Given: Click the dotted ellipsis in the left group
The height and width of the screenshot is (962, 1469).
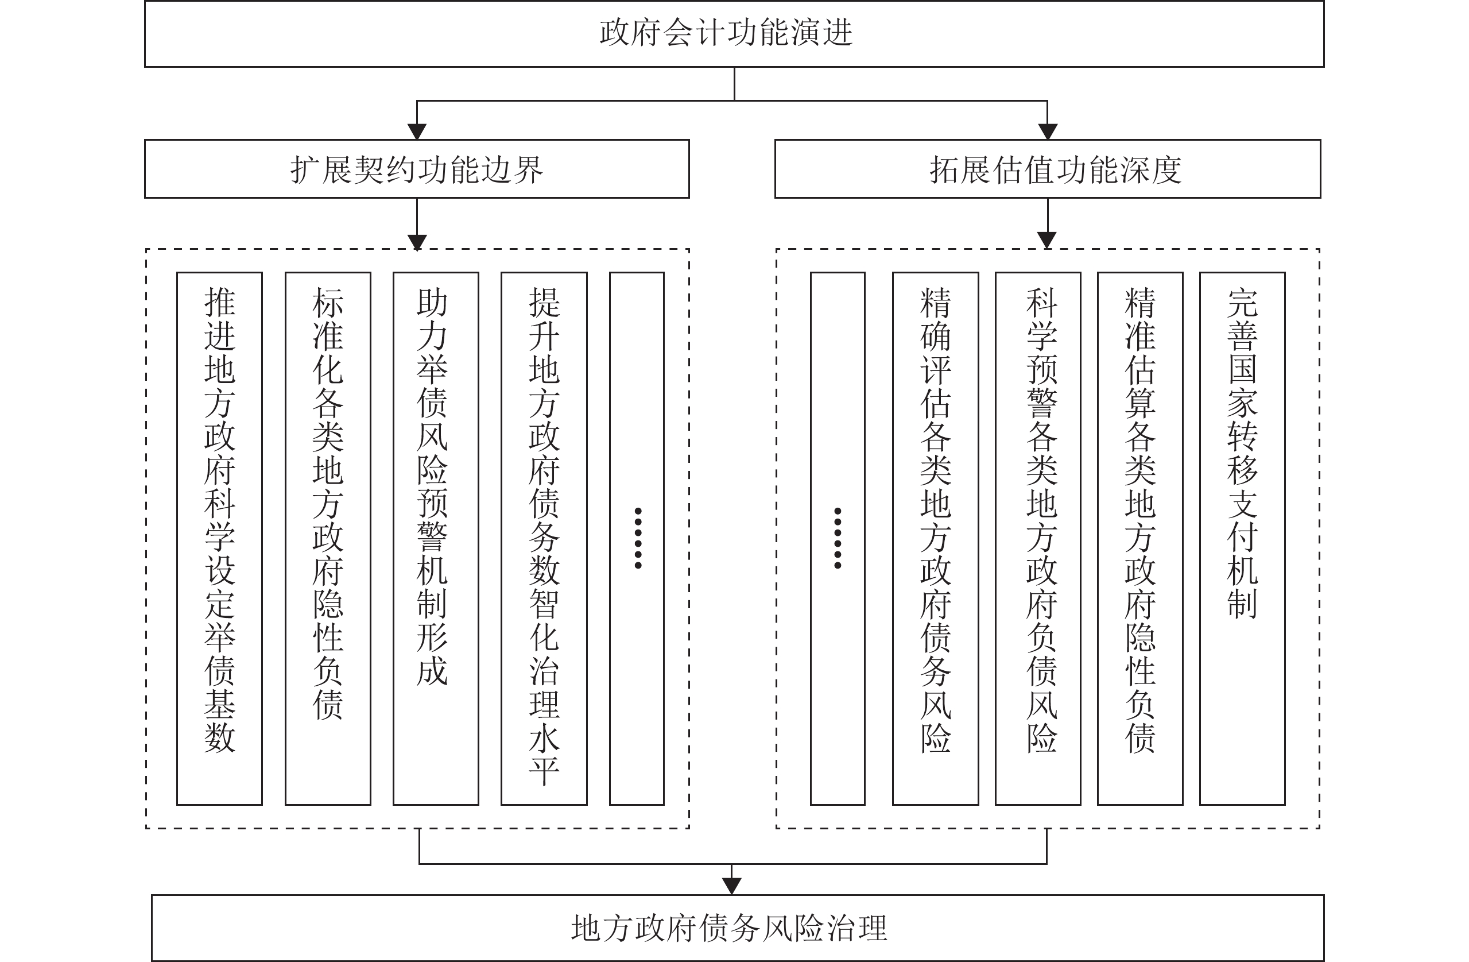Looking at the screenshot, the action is pos(638,538).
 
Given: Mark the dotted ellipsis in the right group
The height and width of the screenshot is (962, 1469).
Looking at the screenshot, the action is pos(838,538).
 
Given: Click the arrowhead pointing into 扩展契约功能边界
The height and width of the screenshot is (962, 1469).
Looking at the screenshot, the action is pos(417,132).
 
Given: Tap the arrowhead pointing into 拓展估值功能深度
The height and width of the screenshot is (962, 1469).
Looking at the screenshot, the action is pos(1048,132).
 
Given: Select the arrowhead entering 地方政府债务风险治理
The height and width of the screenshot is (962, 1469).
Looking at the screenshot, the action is pos(731,887).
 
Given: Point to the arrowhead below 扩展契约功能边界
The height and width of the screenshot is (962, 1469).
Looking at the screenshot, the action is pos(417,242).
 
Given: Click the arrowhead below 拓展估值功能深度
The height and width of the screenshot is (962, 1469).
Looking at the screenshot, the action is pos(1048,240).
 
